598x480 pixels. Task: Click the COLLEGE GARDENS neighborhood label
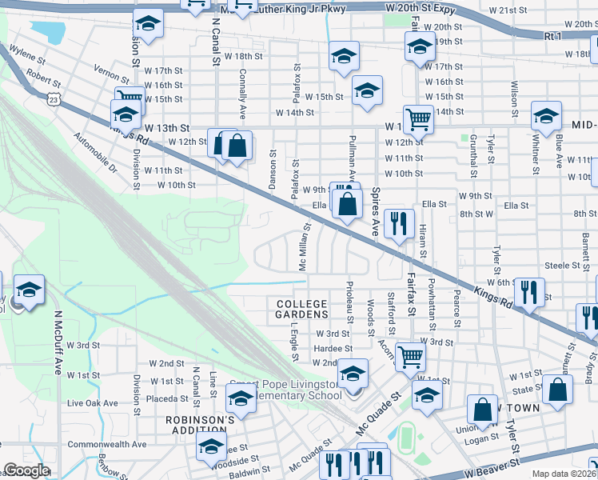pos(302,309)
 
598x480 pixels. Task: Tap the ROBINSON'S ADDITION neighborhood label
pos(200,425)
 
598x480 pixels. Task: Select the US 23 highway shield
pos(53,98)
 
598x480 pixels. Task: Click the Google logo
pos(26,470)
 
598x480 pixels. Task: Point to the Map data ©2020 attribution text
pos(564,474)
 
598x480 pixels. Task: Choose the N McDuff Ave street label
pos(58,343)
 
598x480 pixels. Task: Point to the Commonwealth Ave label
pos(107,444)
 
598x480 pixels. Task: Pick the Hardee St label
pos(333,348)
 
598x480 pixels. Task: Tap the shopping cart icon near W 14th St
pos(417,120)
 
